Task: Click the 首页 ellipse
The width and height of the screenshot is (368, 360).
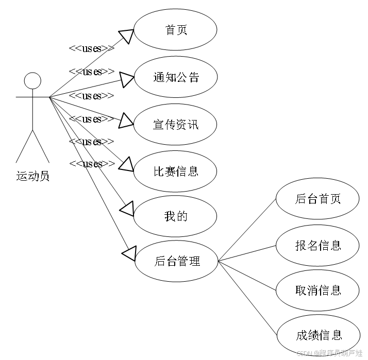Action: click(175, 30)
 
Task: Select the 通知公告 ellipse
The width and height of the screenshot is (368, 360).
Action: click(175, 77)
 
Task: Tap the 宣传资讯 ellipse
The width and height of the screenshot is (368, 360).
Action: click(175, 125)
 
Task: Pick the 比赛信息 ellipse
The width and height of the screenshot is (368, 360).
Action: click(175, 172)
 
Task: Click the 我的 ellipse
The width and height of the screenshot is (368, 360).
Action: click(175, 216)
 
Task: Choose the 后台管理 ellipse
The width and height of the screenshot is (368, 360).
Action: click(176, 261)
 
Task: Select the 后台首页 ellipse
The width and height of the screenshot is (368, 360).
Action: click(317, 199)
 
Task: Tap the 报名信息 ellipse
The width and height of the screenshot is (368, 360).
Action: click(317, 246)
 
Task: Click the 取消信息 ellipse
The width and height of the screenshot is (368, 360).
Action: click(317, 290)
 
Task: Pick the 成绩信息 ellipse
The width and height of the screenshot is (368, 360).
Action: click(318, 335)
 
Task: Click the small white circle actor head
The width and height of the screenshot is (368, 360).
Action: click(32, 81)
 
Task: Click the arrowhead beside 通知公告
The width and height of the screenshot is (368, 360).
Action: click(127, 79)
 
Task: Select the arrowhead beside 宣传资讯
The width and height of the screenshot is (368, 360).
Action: click(126, 122)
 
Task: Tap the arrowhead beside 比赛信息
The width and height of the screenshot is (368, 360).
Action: click(127, 165)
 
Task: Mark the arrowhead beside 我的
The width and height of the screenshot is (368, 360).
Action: click(127, 209)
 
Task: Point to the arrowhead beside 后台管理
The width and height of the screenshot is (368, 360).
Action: click(129, 253)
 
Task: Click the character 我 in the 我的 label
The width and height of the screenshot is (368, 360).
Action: click(170, 216)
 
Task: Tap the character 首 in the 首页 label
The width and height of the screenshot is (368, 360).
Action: click(170, 30)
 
